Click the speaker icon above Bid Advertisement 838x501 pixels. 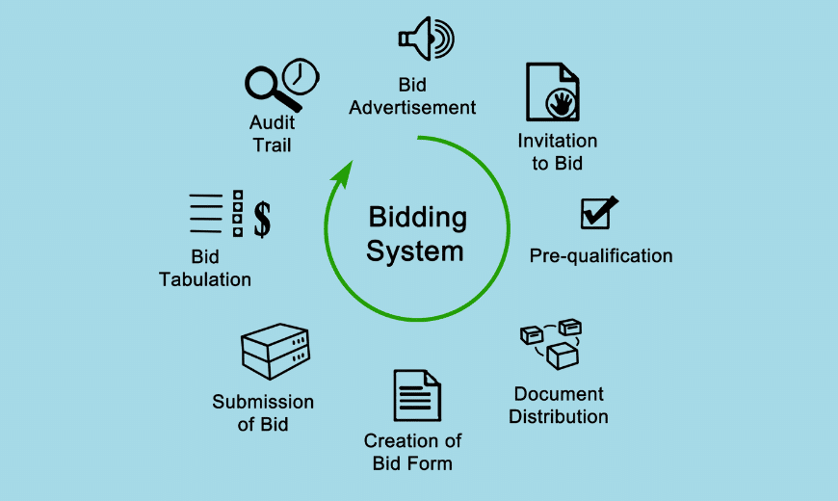coord(425,39)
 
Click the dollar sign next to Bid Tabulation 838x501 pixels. coord(262,218)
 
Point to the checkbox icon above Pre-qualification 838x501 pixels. coord(598,213)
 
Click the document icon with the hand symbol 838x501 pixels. coord(553,92)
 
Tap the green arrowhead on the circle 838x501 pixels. coord(340,175)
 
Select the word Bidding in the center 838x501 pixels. coord(418,217)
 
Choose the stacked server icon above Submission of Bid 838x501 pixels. coord(275,352)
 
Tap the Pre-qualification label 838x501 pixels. coord(601,256)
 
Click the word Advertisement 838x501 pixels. coord(412,107)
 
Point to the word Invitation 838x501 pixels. coord(557,141)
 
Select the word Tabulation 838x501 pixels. coord(204,279)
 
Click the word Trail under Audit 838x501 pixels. coord(272,145)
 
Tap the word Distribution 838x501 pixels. coord(559,417)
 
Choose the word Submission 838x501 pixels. coord(263,402)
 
